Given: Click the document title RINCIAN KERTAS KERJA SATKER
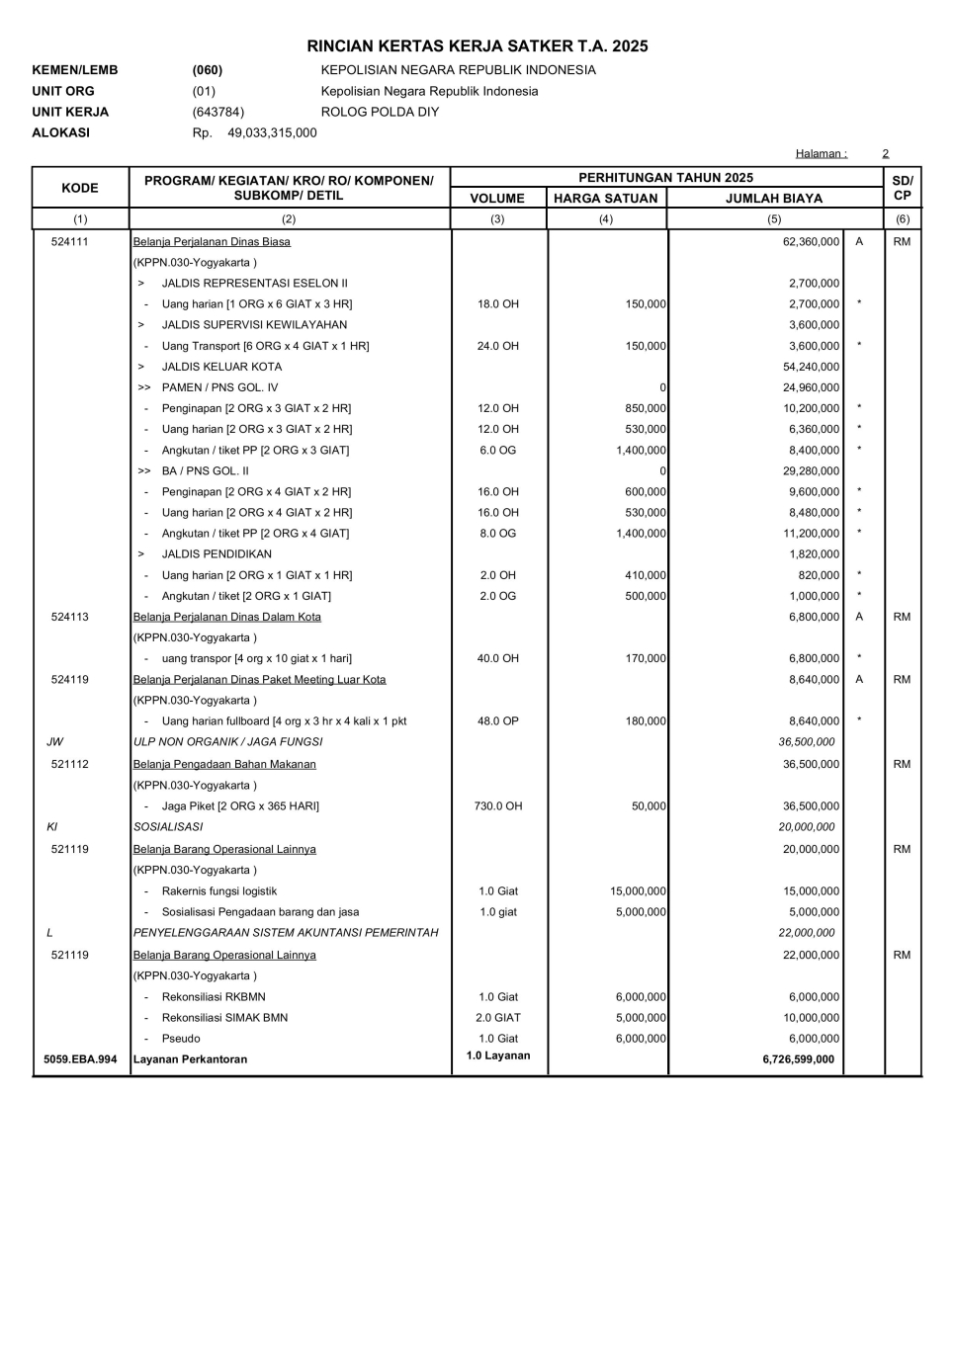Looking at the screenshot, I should [x=477, y=46].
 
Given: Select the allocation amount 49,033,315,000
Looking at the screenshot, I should [x=272, y=132].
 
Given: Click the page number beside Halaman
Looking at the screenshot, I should [x=886, y=153].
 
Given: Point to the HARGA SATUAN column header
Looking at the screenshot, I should [x=605, y=198].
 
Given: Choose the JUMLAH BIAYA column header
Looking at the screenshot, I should [x=774, y=198].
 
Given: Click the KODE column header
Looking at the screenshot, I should [x=80, y=188].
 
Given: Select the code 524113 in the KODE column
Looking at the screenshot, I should [x=70, y=617].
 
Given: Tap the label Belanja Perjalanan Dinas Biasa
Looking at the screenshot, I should [x=212, y=241].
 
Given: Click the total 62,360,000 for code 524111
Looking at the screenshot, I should [x=811, y=241].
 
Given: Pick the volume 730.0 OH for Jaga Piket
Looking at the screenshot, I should [x=498, y=806].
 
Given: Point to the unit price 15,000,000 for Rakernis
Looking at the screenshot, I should [x=638, y=891].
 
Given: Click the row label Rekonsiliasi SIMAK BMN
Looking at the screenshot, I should [x=224, y=1018].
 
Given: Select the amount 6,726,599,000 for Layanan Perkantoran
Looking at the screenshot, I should [x=798, y=1059].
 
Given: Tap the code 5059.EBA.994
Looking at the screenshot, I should [x=80, y=1059].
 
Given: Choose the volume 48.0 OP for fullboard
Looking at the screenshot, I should [x=498, y=721].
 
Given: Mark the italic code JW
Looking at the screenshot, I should [x=54, y=742].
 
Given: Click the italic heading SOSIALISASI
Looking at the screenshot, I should [x=168, y=827].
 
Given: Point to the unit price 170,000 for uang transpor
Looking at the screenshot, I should [x=646, y=658].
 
